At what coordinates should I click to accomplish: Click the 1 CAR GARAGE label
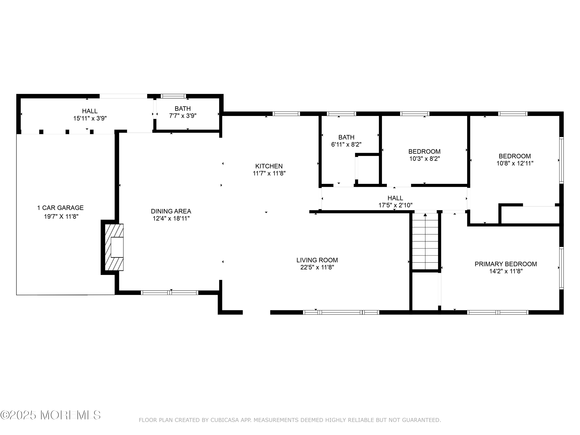(x=60, y=208)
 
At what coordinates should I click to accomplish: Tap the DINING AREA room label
(x=171, y=211)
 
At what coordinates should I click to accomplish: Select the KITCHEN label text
(x=269, y=166)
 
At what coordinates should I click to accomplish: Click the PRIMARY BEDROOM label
(x=506, y=264)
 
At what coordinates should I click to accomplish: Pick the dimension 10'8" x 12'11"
(x=515, y=163)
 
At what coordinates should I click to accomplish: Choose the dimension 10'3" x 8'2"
(x=425, y=159)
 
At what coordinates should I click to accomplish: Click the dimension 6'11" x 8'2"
(x=346, y=144)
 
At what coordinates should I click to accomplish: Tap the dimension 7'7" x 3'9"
(x=183, y=116)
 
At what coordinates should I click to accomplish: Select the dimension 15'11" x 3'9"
(x=90, y=118)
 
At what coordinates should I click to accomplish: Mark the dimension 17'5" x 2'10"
(x=395, y=205)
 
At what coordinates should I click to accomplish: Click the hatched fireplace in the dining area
(x=114, y=247)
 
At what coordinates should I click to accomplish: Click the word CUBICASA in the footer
(x=225, y=420)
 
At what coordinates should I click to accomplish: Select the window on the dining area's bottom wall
(x=170, y=293)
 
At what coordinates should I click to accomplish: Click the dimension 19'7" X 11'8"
(x=61, y=217)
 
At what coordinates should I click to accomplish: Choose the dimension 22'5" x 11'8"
(x=317, y=267)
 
